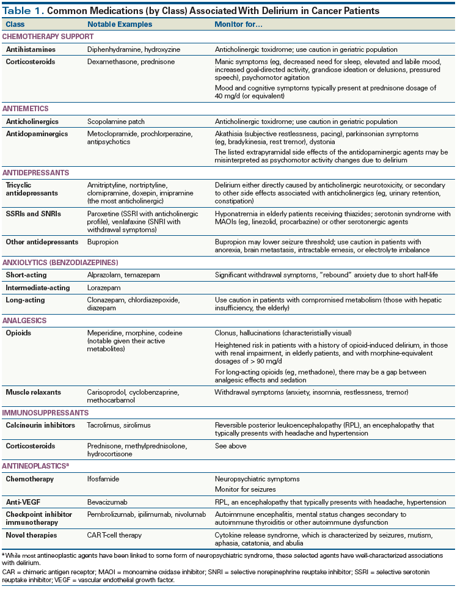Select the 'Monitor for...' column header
237,24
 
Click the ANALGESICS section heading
25,320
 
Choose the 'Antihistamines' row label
31,49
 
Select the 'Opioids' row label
18,334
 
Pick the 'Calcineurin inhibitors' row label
41,425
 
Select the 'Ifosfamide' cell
104,479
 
